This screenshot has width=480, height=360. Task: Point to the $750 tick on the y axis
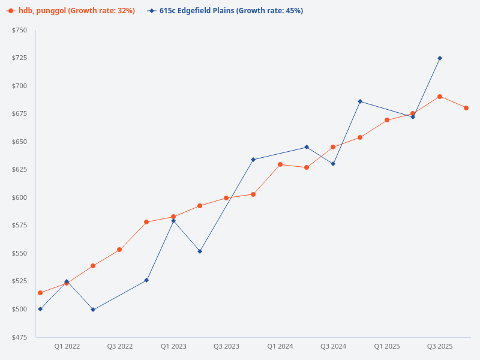point(19,30)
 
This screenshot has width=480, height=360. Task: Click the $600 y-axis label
point(19,197)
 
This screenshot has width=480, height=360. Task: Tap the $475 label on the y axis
point(19,337)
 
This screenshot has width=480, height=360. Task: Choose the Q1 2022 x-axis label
point(67,346)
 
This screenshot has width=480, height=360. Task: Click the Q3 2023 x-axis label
point(226,346)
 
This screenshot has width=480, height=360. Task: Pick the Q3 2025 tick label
point(439,346)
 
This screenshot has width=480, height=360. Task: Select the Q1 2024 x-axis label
point(280,346)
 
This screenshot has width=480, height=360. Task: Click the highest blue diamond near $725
point(440,58)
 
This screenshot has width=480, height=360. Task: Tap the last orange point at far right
point(466,108)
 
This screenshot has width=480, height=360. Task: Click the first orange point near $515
point(40,293)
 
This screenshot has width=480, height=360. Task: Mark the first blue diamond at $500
point(40,309)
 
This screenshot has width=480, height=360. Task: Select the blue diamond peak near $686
point(360,101)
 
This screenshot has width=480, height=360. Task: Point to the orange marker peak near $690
point(440,97)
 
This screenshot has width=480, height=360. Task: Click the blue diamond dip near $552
point(200,251)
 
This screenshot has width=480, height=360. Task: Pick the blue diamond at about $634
point(253,160)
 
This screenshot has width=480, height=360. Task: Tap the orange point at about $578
point(146,222)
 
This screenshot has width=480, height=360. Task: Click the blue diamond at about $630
point(333,164)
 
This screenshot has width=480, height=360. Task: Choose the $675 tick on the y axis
point(19,113)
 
